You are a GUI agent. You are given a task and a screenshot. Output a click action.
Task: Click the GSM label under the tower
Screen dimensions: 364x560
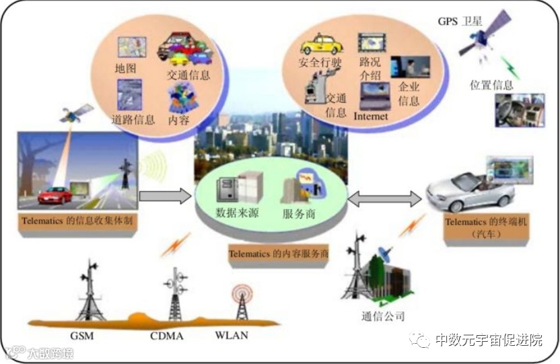pos(83,334)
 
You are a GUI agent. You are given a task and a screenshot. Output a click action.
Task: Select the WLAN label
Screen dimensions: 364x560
pos(232,335)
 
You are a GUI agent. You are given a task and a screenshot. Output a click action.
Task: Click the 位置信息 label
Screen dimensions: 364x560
pos(491,85)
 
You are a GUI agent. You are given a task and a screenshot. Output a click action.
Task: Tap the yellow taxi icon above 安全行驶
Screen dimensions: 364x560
pos(321,44)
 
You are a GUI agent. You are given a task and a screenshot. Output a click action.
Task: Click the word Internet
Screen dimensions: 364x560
pos(371,116)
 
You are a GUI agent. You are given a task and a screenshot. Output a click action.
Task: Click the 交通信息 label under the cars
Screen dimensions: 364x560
pos(188,75)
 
